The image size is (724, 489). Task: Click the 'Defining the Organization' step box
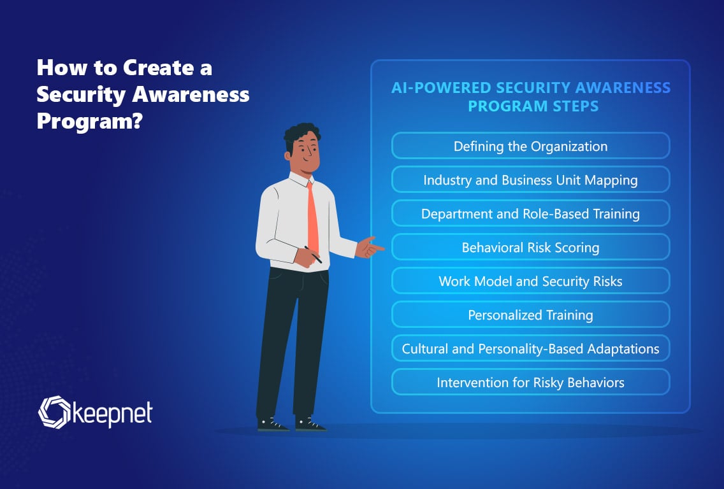(x=530, y=146)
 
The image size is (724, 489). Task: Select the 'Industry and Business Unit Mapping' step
(x=530, y=180)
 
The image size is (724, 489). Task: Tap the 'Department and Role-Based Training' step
(x=530, y=213)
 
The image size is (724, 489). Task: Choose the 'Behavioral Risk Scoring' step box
(x=530, y=247)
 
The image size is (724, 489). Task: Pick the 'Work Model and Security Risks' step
(x=530, y=281)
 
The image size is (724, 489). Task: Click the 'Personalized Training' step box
(x=530, y=314)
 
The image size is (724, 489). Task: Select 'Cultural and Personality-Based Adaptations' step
(x=530, y=348)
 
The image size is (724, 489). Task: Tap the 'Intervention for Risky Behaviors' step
(x=530, y=381)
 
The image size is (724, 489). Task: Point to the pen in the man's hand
(x=312, y=254)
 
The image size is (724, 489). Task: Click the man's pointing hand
(x=369, y=248)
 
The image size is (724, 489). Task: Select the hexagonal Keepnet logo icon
(x=54, y=412)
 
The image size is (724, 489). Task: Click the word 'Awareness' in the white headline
(x=191, y=95)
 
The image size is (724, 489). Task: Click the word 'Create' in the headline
(x=158, y=68)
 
